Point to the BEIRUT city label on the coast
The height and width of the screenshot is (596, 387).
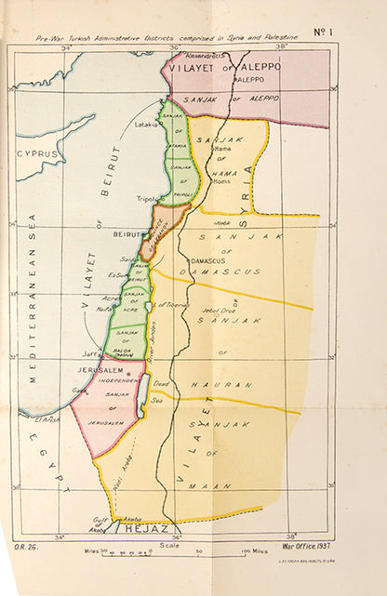(128, 234)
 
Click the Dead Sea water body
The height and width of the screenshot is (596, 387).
(140, 395)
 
